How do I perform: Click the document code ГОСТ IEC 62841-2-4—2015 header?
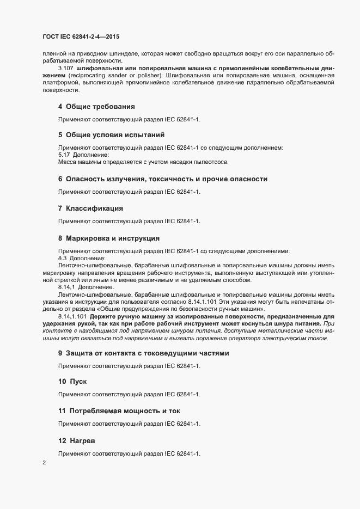pos(80,36)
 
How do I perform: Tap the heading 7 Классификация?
pos(91,208)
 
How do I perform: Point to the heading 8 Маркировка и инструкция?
pos(108,238)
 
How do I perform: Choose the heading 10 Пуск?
pos(72,381)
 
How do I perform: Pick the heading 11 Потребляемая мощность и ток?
pos(119,410)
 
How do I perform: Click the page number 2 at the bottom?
pos(44,463)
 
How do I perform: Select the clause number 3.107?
pos(66,68)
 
